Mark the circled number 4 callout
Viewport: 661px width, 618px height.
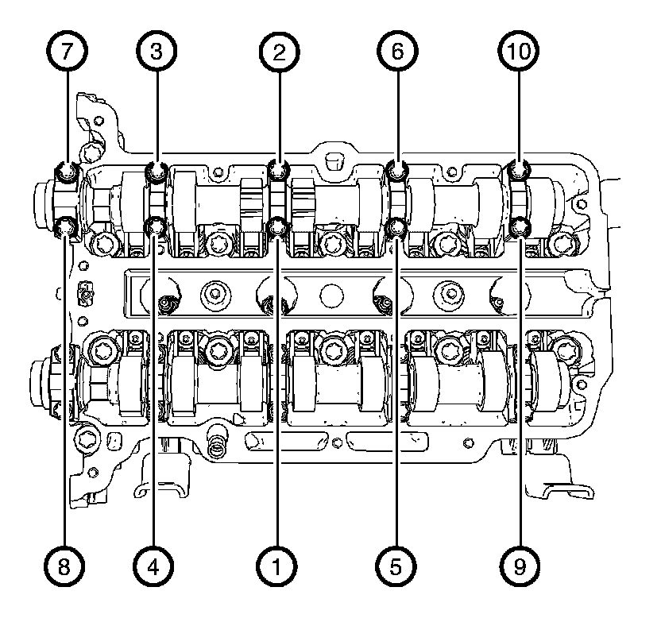click(x=157, y=566)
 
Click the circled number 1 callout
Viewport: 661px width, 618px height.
click(x=278, y=566)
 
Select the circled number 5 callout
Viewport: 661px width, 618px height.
click(x=397, y=566)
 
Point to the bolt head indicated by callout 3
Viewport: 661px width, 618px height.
click(x=157, y=169)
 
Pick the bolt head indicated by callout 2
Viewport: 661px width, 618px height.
click(x=278, y=168)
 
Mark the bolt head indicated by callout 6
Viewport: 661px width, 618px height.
click(x=397, y=169)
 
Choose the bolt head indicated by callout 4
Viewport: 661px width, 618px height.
click(x=157, y=229)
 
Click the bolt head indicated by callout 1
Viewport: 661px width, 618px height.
click(x=278, y=228)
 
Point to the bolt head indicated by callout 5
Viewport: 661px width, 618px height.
click(x=397, y=229)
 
